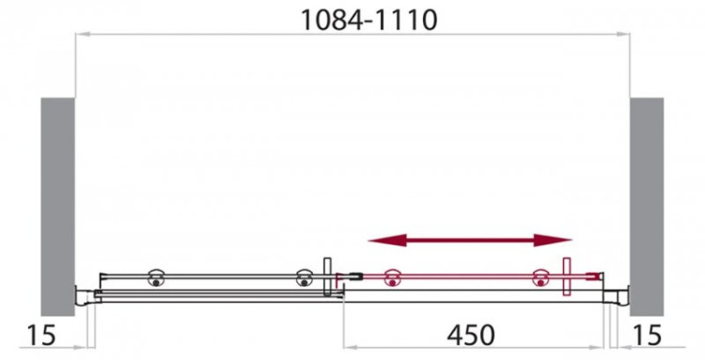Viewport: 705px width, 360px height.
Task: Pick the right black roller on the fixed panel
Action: tap(304, 278)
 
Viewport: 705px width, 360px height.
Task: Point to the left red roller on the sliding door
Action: tap(390, 278)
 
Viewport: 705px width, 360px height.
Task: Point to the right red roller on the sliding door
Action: tap(540, 278)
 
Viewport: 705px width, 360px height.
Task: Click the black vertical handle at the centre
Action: tap(327, 278)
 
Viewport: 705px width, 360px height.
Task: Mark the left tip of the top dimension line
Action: tap(77, 34)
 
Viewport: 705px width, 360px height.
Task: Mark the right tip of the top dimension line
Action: tap(627, 34)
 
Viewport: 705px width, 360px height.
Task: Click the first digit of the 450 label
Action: tap(452, 335)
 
